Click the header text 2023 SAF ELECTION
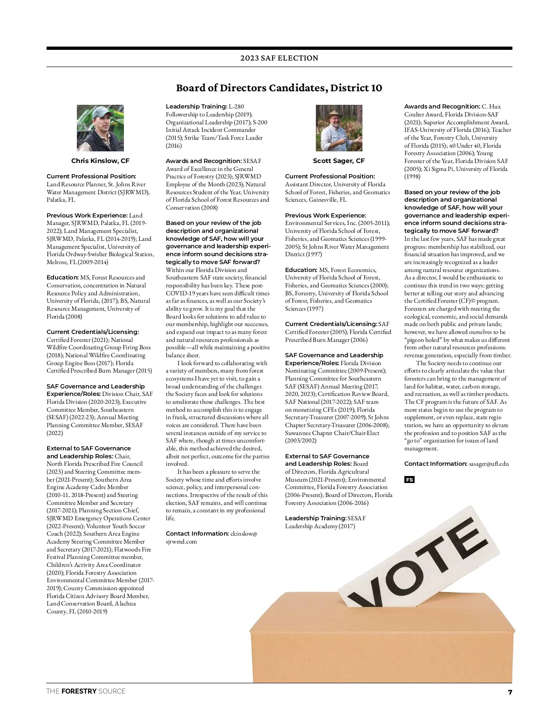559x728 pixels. pyautogui.click(x=279, y=58)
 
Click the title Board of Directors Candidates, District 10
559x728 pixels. pyautogui.click(x=279, y=88)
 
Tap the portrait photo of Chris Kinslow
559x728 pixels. pyautogui.click(x=100, y=128)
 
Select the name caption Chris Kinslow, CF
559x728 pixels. pyautogui.click(x=100, y=161)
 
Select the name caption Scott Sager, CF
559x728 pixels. pyautogui.click(x=339, y=161)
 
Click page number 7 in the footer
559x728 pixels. pyautogui.click(x=510, y=692)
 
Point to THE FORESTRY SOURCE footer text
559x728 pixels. pyautogui.click(x=86, y=691)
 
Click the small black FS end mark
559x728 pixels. pyautogui.click(x=409, y=480)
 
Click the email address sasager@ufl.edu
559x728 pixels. pyautogui.click(x=489, y=464)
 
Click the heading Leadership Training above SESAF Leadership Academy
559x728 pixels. pyautogui.click(x=315, y=518)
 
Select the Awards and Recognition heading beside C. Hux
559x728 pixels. pyautogui.click(x=442, y=107)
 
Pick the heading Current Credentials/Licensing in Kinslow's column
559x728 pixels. pyautogui.click(x=92, y=332)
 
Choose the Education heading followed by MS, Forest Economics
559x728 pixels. pyautogui.click(x=301, y=270)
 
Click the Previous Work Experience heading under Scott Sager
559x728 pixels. pyautogui.click(x=325, y=216)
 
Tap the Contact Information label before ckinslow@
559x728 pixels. pyautogui.click(x=197, y=534)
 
